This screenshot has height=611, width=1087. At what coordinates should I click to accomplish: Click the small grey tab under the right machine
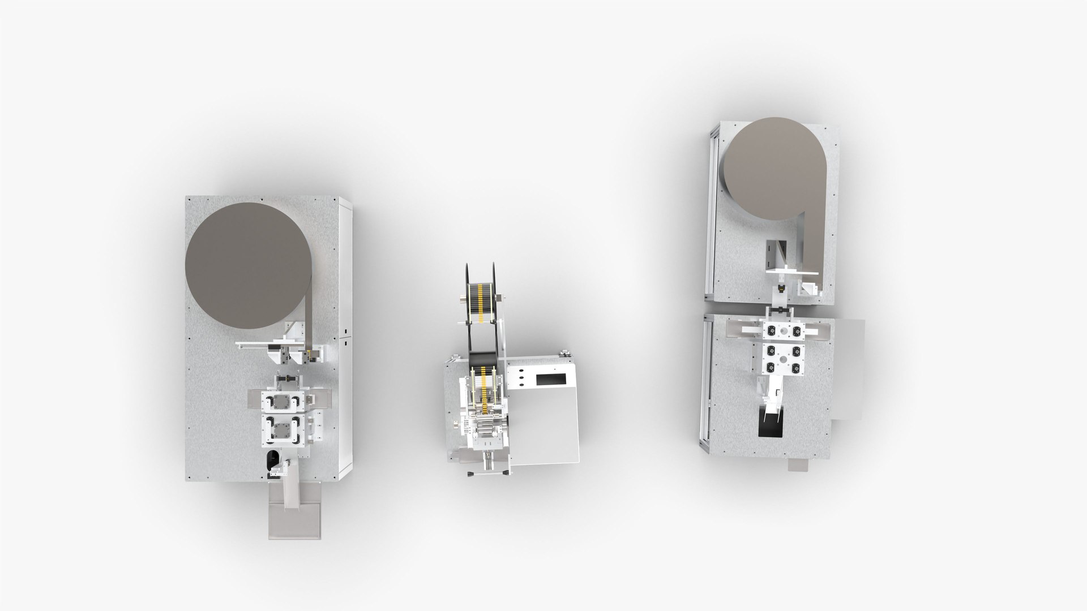click(801, 464)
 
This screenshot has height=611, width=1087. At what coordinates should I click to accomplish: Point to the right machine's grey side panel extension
click(848, 368)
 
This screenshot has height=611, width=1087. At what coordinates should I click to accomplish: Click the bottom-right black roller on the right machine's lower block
click(796, 367)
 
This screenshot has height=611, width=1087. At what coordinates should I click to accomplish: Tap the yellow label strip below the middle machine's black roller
click(482, 385)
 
